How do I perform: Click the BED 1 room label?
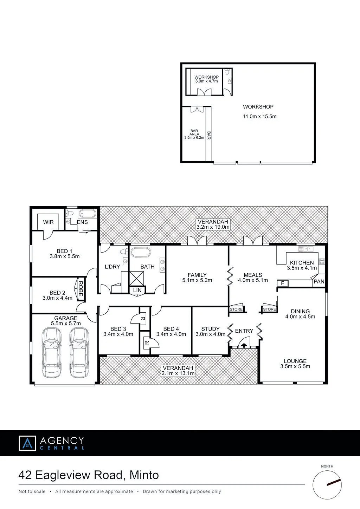[x=64, y=251]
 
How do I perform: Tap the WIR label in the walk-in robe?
[x=49, y=222]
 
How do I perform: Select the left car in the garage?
[x=51, y=352]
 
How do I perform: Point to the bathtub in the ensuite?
[x=88, y=214]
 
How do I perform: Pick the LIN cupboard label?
[x=137, y=291]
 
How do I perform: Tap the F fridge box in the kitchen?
[x=282, y=283]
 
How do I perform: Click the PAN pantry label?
[x=319, y=281]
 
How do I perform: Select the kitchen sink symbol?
[x=306, y=249]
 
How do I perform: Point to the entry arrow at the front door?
[x=244, y=345]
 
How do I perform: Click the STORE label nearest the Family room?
[x=236, y=309]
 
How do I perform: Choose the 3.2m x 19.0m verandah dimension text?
[x=213, y=227]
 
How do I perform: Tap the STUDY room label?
[x=210, y=329]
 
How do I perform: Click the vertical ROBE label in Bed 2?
[x=81, y=289]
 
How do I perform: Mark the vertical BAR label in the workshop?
[x=209, y=135]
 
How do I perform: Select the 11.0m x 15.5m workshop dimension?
[x=260, y=116]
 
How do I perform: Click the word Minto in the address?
[x=144, y=475]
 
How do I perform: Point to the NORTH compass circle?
[x=327, y=485]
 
